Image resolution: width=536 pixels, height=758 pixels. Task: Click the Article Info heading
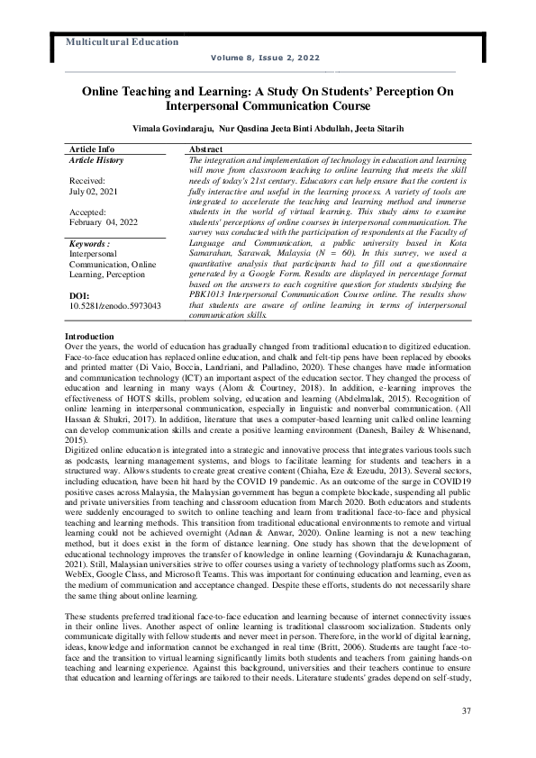(92, 148)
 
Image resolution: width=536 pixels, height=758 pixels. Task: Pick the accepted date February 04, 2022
(104, 221)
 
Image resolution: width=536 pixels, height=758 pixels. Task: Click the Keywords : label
(90, 244)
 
